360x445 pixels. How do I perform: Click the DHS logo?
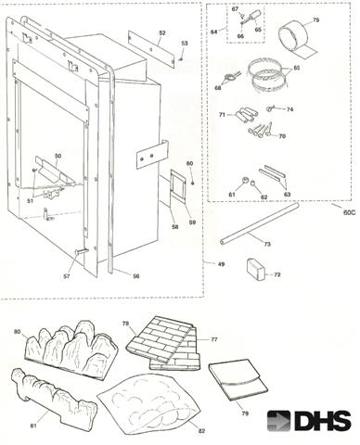[x=309, y=420]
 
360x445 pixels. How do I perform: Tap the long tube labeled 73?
[x=260, y=223]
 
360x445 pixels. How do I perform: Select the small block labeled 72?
[x=256, y=270]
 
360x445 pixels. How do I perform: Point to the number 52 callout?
[x=162, y=33]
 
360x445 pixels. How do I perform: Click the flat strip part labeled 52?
[x=151, y=49]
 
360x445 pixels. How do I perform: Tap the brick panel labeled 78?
[x=161, y=341]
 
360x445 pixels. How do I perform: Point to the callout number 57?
[x=67, y=276]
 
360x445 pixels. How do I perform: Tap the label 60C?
[x=349, y=212]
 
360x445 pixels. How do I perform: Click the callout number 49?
[x=221, y=264]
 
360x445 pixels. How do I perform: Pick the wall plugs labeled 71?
[x=246, y=115]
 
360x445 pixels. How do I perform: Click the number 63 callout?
[x=287, y=195]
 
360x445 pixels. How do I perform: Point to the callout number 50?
[x=58, y=156]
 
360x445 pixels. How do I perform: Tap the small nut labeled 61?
[x=245, y=181]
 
